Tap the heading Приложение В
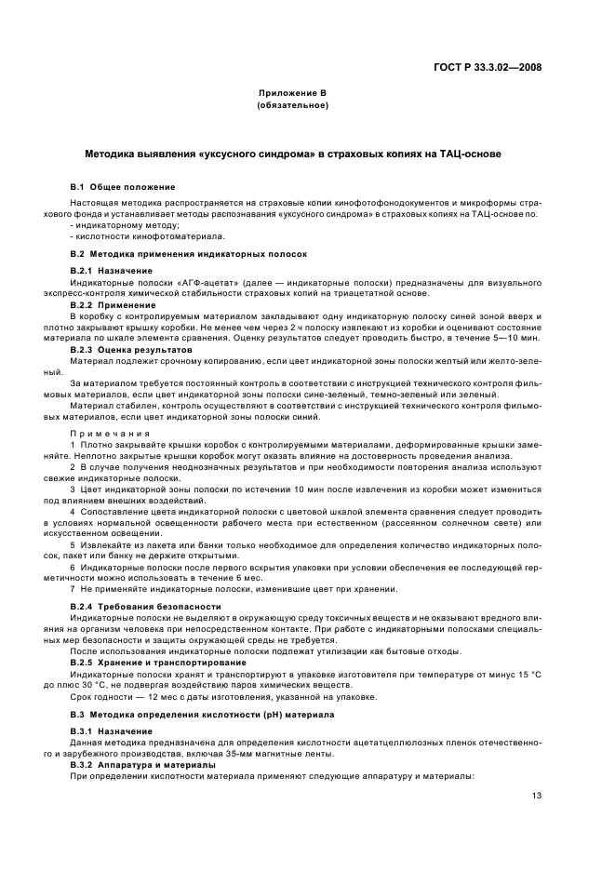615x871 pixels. click(292, 95)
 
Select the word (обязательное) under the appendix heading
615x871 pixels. click(292, 106)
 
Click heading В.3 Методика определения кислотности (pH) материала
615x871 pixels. click(195, 714)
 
